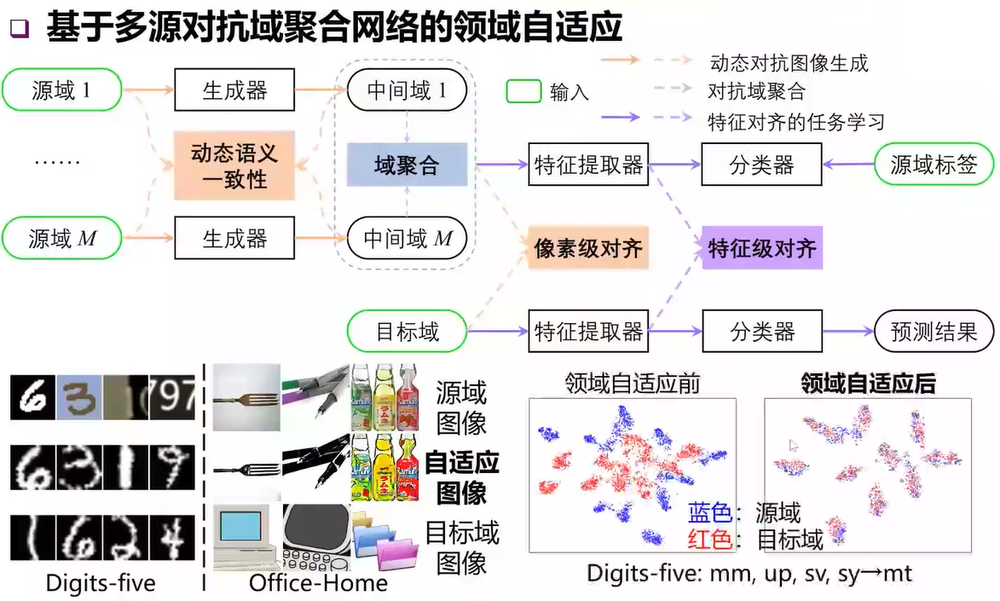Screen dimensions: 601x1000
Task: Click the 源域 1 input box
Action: coord(62,90)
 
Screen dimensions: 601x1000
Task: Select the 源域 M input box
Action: coord(62,239)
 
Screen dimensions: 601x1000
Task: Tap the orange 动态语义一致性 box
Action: coord(234,165)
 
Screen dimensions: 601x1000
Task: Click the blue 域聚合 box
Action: coord(407,165)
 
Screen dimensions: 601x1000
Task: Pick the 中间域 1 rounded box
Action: coord(407,90)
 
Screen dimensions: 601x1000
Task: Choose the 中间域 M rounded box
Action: coord(407,239)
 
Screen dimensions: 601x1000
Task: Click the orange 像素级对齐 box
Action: coord(587,248)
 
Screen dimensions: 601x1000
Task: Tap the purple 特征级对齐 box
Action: coord(762,248)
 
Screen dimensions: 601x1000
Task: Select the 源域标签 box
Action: coord(934,165)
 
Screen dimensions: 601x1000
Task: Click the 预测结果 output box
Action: coord(934,332)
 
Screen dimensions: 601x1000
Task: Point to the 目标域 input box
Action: coord(408,332)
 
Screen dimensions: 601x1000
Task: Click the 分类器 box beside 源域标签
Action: coord(762,165)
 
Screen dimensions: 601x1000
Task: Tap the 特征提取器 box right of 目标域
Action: coord(588,332)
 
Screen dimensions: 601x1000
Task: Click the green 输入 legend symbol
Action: coord(524,91)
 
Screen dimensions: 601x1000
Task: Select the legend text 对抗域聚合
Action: coord(756,91)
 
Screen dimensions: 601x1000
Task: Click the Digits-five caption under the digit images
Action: coord(101,583)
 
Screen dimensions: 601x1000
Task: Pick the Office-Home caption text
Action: coord(318,583)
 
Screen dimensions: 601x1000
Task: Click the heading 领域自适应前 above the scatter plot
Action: coord(633,384)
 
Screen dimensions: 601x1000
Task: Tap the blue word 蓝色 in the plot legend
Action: coord(710,512)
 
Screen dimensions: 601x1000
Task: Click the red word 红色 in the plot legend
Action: coord(710,539)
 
